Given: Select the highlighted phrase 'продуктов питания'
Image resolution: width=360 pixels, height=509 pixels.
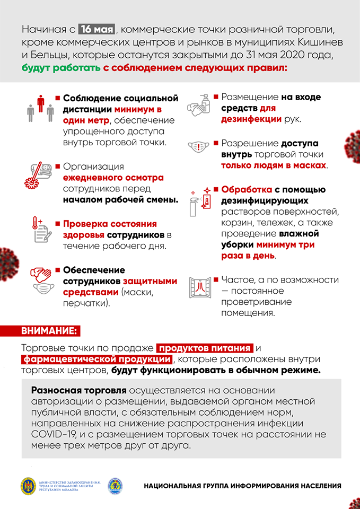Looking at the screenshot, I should (x=204, y=348).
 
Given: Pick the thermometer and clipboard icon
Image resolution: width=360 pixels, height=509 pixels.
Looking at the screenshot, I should (x=40, y=230).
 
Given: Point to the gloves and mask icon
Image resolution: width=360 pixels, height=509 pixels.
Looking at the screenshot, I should (x=40, y=280).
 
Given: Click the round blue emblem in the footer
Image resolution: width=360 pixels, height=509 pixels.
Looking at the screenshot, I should (x=115, y=486).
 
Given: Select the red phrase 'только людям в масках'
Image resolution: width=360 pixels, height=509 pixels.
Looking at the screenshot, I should (x=274, y=165).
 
